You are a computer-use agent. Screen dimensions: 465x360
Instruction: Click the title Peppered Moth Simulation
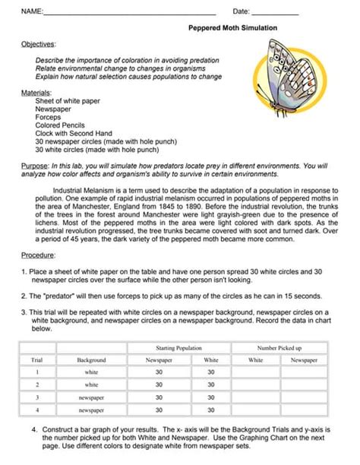[232, 27]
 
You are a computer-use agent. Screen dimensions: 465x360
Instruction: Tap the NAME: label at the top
[32, 11]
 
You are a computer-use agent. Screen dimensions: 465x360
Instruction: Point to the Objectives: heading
[39, 45]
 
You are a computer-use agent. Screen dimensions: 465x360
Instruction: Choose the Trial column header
[36, 359]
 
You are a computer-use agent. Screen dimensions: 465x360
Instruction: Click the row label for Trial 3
[36, 397]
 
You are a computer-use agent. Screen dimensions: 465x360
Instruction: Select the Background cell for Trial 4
[91, 410]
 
